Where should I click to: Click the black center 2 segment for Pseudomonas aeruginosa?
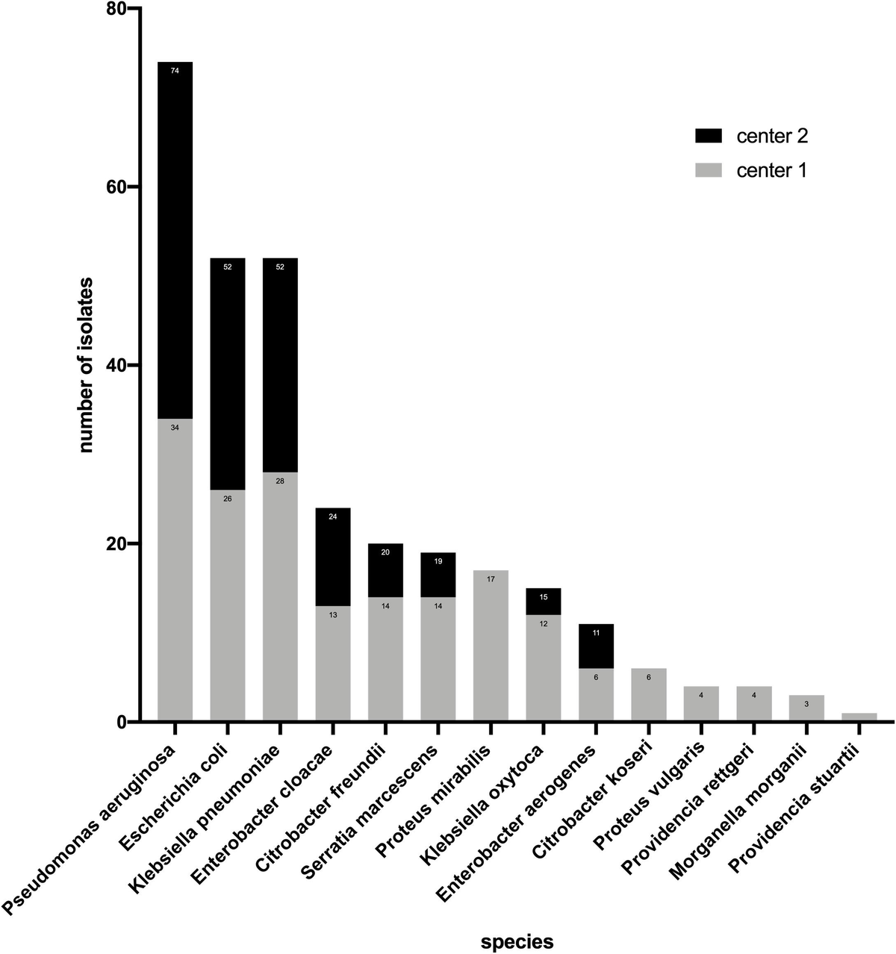(x=175, y=239)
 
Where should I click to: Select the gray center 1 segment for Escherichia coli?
(x=228, y=605)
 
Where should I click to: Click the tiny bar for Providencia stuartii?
(x=859, y=717)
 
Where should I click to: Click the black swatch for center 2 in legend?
(x=709, y=136)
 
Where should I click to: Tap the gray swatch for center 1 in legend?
(x=709, y=171)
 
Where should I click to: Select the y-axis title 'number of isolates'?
(x=87, y=365)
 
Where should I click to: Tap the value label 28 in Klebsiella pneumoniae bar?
(x=280, y=481)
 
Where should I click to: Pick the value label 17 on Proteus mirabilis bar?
(x=491, y=579)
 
